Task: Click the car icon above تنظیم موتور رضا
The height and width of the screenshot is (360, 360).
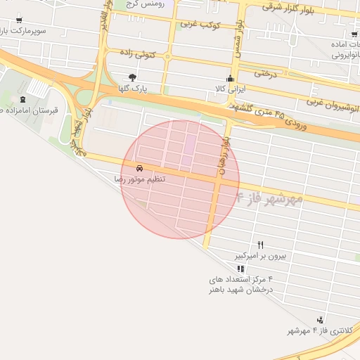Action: [x=139, y=169]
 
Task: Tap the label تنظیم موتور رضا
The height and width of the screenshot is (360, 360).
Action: [x=141, y=180]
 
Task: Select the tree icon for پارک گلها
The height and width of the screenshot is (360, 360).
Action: [x=132, y=77]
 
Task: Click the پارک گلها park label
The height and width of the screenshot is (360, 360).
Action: [x=132, y=89]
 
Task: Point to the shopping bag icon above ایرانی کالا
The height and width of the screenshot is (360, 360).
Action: [x=229, y=78]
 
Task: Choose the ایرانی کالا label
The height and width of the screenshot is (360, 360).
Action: [x=229, y=89]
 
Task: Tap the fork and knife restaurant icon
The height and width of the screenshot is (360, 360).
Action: [x=261, y=245]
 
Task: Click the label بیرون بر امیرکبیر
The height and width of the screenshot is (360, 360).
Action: [x=261, y=256]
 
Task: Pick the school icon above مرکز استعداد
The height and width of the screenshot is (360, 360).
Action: [x=241, y=269]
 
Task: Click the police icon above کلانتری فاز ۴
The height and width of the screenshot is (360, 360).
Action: [x=321, y=320]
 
